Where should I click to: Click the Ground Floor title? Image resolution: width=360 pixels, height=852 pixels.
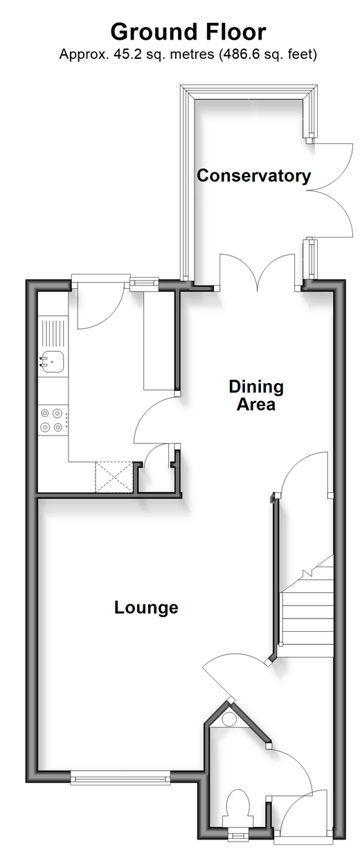pos(188,32)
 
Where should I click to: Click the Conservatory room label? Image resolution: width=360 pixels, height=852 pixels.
pos(253,176)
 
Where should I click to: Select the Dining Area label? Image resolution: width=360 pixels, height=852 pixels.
pos(256,396)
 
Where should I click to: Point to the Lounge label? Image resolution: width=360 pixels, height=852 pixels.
pos(146,607)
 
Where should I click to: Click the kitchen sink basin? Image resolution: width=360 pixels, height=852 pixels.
pos(53,362)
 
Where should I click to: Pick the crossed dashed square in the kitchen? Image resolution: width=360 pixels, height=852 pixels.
pos(114,477)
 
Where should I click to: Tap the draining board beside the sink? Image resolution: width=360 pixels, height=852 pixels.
pos(53,332)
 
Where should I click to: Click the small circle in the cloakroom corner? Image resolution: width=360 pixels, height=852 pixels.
pos(229,720)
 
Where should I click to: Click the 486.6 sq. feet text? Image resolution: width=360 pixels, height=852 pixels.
pos(269,55)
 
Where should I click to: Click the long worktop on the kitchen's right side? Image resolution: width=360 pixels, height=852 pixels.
pos(159,341)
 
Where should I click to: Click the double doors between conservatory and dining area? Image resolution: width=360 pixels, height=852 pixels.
pos(258,272)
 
